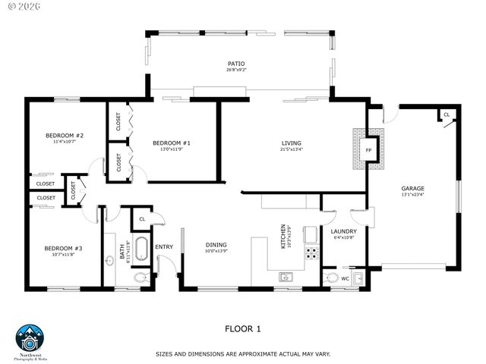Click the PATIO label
click(x=236, y=64)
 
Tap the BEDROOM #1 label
click(x=171, y=143)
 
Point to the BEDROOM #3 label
click(x=62, y=249)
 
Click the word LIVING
click(x=291, y=143)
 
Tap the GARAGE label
click(x=413, y=188)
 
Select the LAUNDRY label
click(x=343, y=231)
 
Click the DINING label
click(x=216, y=245)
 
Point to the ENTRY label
click(x=164, y=246)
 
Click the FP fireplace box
click(x=369, y=150)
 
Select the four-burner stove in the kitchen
click(x=311, y=252)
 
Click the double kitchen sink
click(x=286, y=277)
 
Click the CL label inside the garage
click(x=447, y=115)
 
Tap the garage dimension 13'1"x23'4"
click(x=413, y=195)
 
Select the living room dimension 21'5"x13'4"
click(x=291, y=149)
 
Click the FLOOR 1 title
click(x=243, y=328)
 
